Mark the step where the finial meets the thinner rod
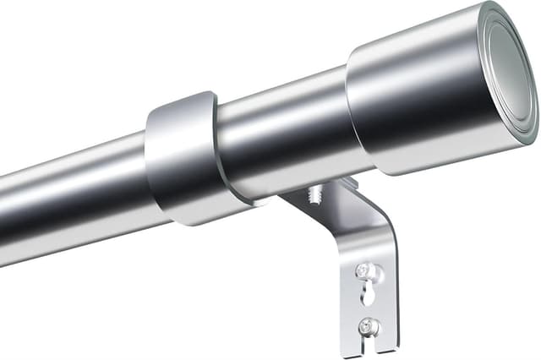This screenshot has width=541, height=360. click(x=351, y=110)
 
